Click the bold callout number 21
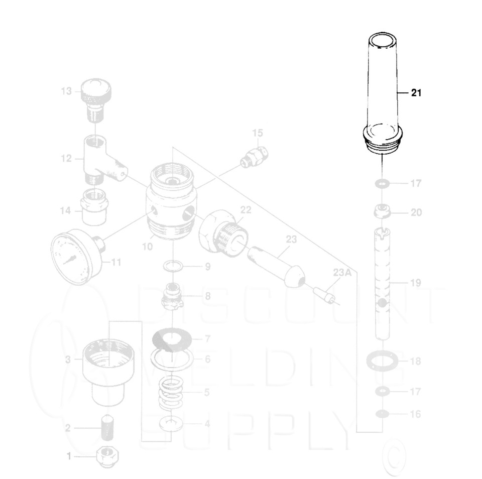(x=416, y=93)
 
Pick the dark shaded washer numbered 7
(x=172, y=339)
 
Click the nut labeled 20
(x=383, y=211)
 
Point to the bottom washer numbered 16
(x=383, y=414)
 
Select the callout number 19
(x=416, y=283)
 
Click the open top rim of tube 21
(x=382, y=41)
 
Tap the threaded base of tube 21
(x=383, y=144)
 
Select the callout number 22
(x=245, y=209)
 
